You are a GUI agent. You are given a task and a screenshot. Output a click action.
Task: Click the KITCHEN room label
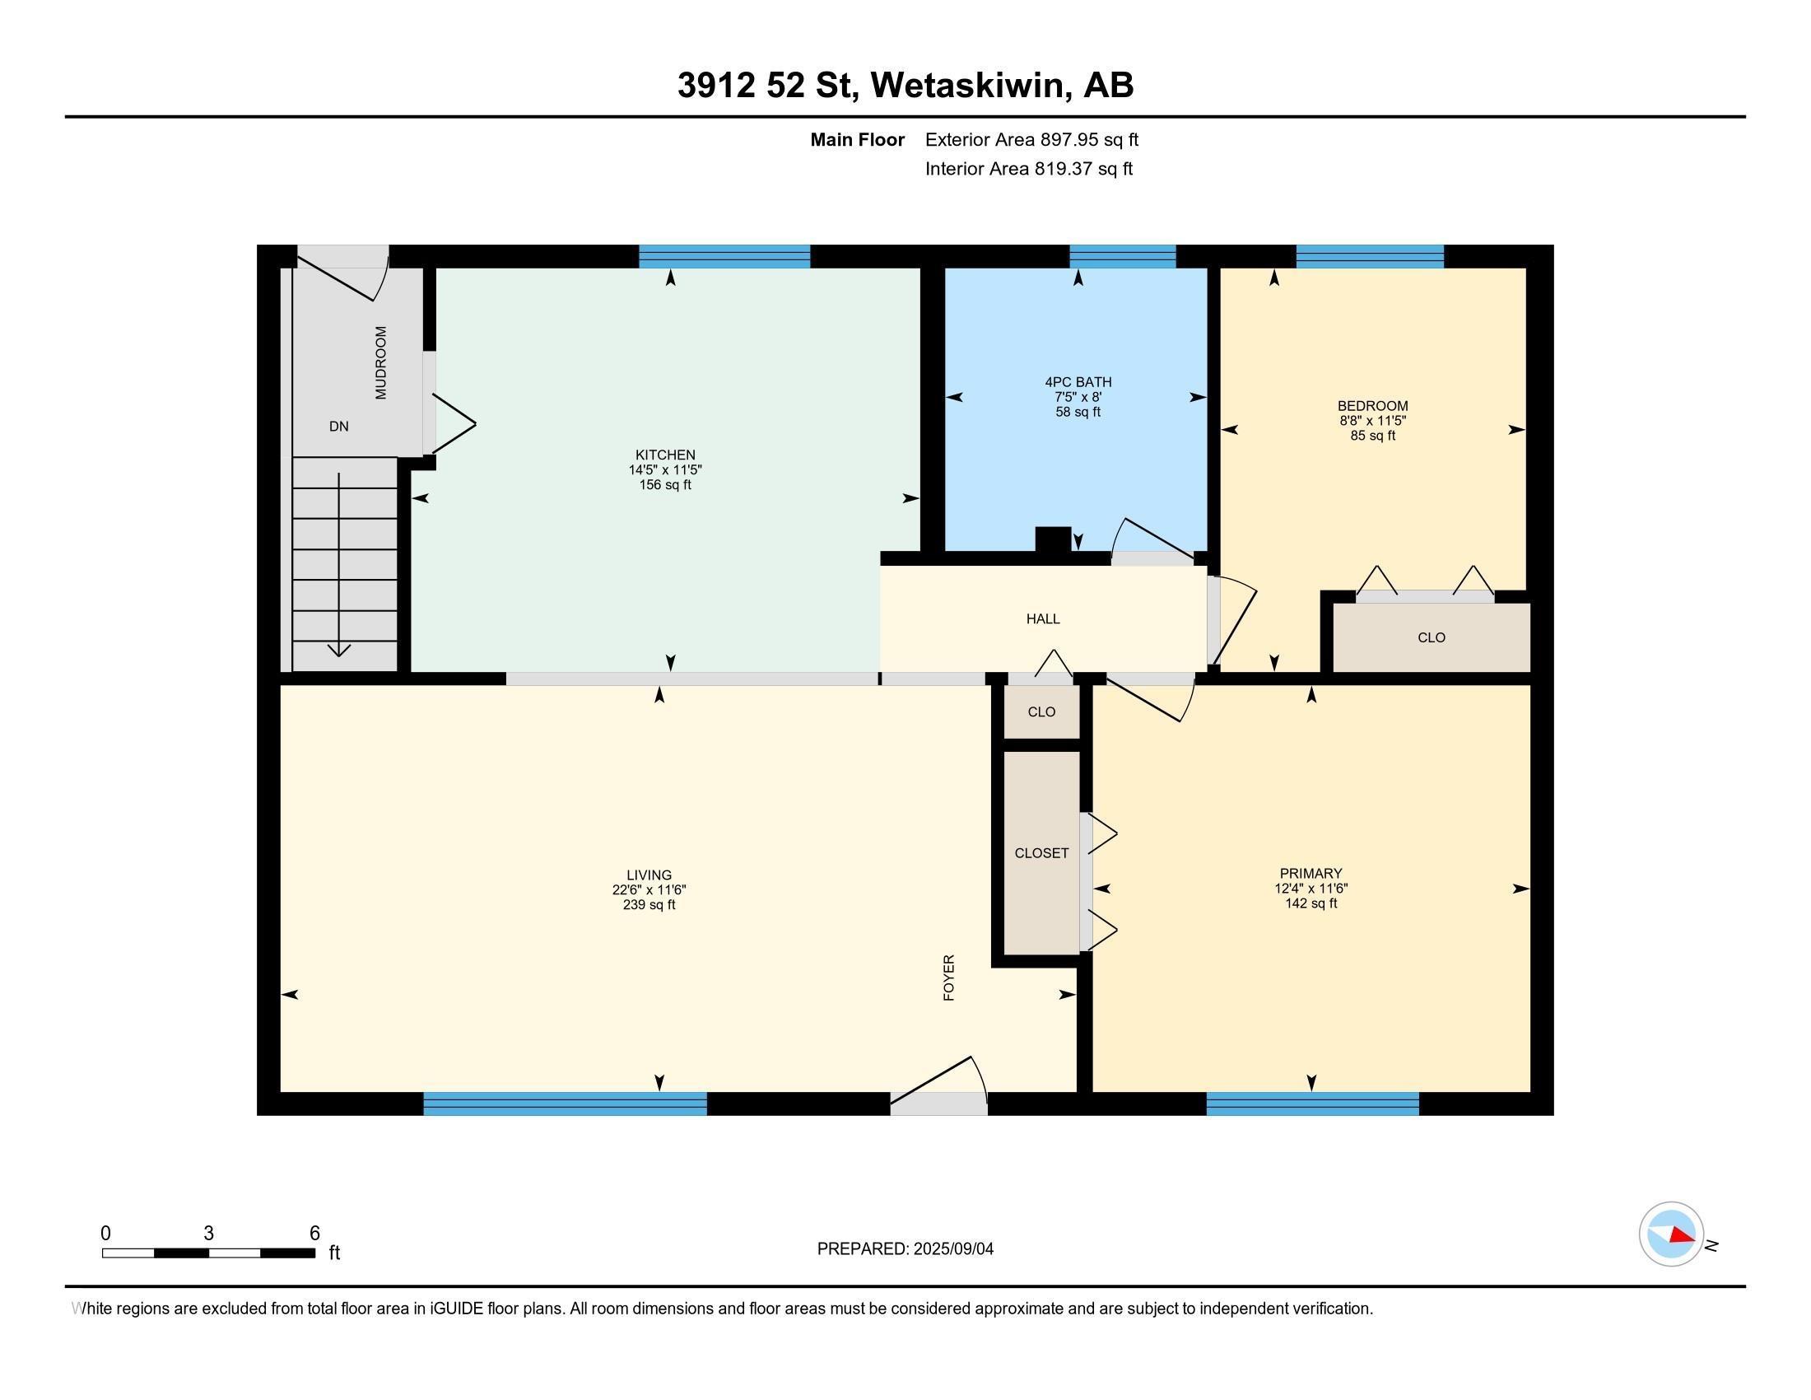pos(665,455)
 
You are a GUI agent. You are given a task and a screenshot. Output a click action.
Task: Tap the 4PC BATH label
pos(1078,382)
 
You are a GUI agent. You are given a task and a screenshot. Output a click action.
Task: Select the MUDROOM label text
pos(380,362)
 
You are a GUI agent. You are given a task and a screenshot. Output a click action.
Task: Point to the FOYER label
pos(949,977)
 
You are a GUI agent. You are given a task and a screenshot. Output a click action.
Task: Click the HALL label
pos(1043,618)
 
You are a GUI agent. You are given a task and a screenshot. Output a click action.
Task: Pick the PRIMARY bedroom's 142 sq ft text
pos(1311,903)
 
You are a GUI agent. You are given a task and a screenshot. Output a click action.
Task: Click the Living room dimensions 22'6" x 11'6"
pos(649,890)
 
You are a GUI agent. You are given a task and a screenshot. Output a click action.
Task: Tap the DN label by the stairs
pos(338,427)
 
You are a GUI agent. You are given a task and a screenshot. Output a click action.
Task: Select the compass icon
pos(1671,1234)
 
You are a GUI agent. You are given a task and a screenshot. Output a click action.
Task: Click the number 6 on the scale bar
pos(314,1233)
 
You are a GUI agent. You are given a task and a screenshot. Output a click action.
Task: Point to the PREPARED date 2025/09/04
pos(953,1249)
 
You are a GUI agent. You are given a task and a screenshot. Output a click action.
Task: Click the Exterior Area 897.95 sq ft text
pos(1031,139)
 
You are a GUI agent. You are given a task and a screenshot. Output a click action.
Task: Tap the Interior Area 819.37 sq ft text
pos(1029,168)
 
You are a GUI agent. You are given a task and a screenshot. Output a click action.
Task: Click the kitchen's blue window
pos(724,256)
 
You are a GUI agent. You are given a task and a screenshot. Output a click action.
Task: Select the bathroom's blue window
pos(1123,256)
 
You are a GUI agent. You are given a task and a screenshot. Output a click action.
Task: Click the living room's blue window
pos(565,1104)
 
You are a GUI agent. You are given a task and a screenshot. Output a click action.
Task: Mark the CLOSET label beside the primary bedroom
pos(1041,852)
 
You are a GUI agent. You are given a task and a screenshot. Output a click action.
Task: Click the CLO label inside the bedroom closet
pos(1432,637)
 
